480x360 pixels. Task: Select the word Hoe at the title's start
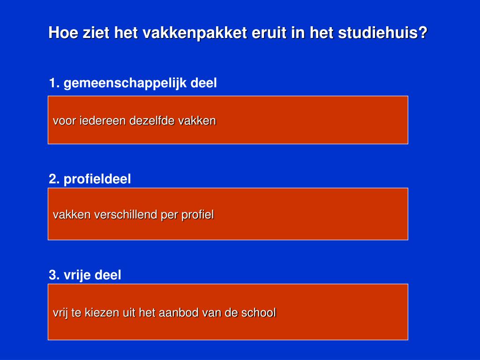[62, 34]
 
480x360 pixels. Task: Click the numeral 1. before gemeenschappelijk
[54, 83]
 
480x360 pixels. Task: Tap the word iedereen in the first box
[103, 121]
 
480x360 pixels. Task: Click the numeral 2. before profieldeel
[54, 179]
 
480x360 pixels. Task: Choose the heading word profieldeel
[97, 179]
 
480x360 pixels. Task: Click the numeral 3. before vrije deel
[54, 275]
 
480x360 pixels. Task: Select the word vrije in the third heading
[77, 275]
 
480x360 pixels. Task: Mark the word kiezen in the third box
[102, 313]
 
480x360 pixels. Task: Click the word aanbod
[181, 313]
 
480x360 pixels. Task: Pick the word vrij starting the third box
[60, 313]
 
